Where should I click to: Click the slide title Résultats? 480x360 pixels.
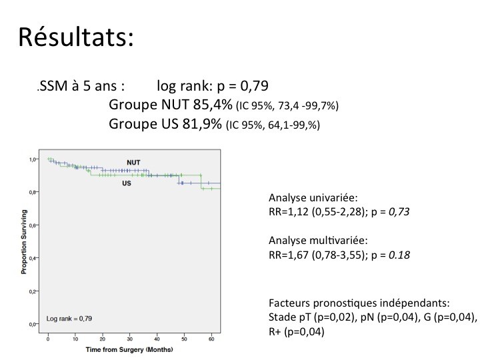click(x=76, y=37)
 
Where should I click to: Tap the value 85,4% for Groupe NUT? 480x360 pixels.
click(x=213, y=105)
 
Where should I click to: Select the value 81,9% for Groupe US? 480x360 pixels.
click(x=202, y=124)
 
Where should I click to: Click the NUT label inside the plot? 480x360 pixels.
click(x=133, y=163)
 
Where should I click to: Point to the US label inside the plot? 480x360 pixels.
click(x=127, y=183)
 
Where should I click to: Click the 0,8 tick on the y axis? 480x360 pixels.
click(x=33, y=192)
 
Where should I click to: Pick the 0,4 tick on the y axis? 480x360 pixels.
click(x=33, y=258)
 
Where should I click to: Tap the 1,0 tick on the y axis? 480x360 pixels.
click(x=33, y=159)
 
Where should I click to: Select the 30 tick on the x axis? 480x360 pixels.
click(x=130, y=339)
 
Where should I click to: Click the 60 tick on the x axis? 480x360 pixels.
click(x=211, y=339)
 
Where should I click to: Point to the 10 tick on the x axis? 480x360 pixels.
click(x=75, y=339)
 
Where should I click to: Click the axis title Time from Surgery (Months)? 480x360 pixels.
click(x=129, y=349)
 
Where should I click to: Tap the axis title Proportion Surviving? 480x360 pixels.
click(x=24, y=242)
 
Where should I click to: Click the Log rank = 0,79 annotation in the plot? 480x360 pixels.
click(x=69, y=319)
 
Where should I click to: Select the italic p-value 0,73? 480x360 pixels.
click(x=399, y=212)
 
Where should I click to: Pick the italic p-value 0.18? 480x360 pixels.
click(x=399, y=255)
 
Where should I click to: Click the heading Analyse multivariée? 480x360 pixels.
click(x=318, y=241)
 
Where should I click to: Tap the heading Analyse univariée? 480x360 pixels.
click(x=313, y=198)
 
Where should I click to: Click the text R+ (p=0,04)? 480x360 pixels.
click(x=296, y=331)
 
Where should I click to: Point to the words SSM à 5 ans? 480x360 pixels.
click(x=81, y=86)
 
